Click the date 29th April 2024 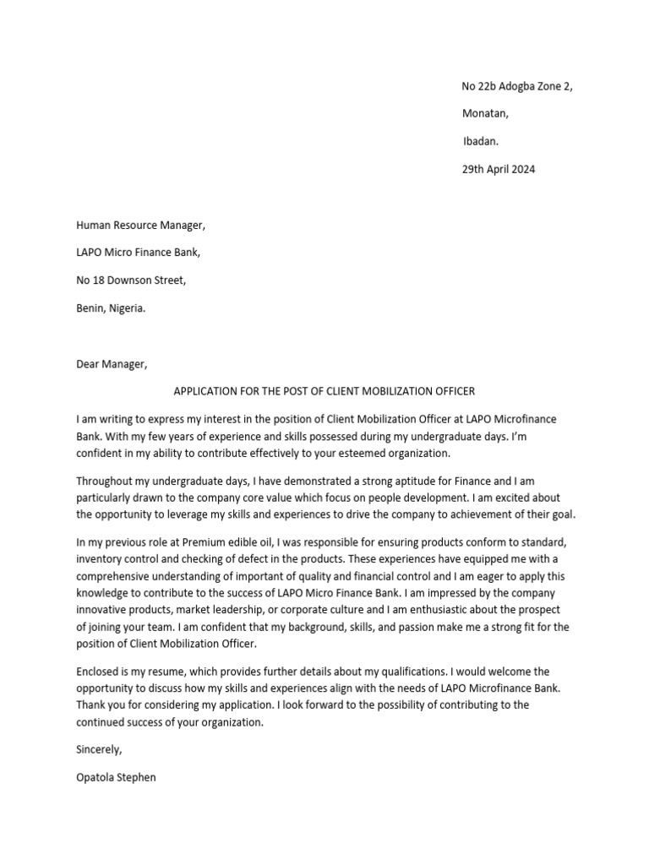tap(498, 169)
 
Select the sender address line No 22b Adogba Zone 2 tap(522, 87)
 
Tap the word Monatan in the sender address tap(485, 114)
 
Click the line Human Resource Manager tap(140, 225)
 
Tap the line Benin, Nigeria tap(111, 308)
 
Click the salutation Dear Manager tap(112, 364)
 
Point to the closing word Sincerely tap(99, 749)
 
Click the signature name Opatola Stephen tap(116, 777)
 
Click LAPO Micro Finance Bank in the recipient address tap(139, 253)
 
